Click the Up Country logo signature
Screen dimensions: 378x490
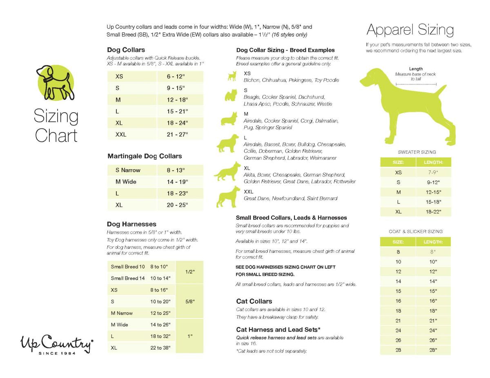(x=57, y=343)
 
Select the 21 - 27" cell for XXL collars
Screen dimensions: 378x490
(x=177, y=135)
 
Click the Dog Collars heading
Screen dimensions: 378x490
(x=126, y=50)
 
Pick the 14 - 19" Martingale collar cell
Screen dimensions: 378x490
(x=177, y=182)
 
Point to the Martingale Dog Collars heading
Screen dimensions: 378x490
(x=145, y=156)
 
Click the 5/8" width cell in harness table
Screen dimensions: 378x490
(x=189, y=301)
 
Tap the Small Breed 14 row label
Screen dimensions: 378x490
(x=128, y=278)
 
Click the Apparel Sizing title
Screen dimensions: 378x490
(x=410, y=30)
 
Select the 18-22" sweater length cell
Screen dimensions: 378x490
(x=433, y=212)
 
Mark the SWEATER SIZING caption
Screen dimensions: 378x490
(x=416, y=152)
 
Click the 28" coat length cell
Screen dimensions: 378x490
(x=433, y=350)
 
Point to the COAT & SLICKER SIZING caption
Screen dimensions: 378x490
(x=416, y=231)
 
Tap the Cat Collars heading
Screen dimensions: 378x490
(x=254, y=301)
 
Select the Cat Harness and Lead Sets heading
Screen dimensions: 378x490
(x=278, y=329)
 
